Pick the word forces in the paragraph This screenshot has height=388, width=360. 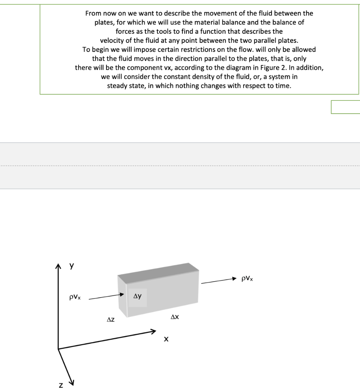pyautogui.click(x=125, y=31)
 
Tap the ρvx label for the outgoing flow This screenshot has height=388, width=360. pyautogui.click(x=247, y=278)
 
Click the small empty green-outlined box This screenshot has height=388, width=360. pyautogui.click(x=345, y=107)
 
